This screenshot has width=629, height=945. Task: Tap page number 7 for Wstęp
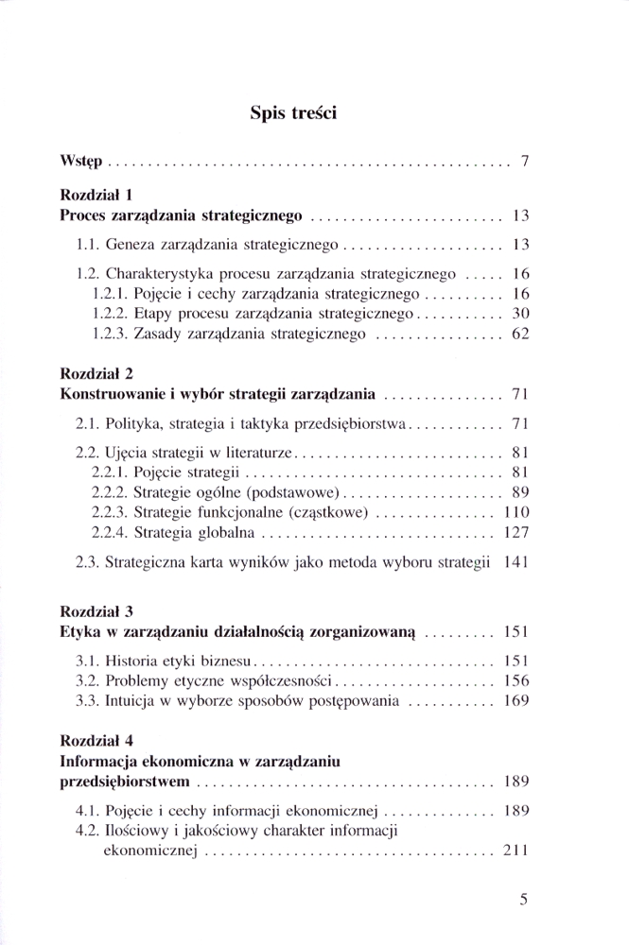[x=523, y=162]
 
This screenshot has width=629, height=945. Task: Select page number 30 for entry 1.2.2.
[x=518, y=312]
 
